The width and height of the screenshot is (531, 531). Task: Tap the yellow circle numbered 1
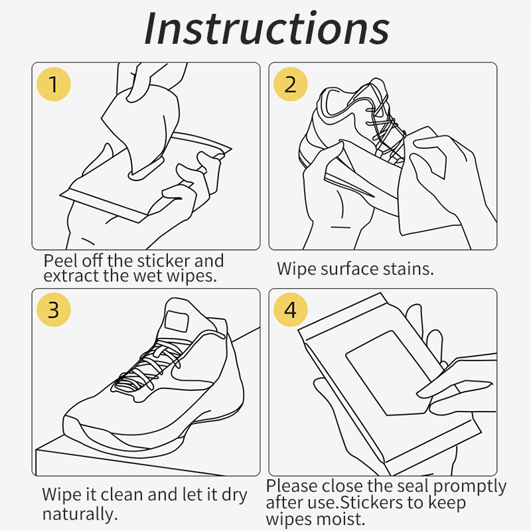click(54, 85)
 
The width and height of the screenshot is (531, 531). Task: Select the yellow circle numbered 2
click(290, 85)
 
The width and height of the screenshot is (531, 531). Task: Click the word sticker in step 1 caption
click(164, 261)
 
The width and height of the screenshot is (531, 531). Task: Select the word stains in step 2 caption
click(408, 269)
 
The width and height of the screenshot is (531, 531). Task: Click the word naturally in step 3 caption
click(80, 514)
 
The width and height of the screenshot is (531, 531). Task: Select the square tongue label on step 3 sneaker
click(178, 321)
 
